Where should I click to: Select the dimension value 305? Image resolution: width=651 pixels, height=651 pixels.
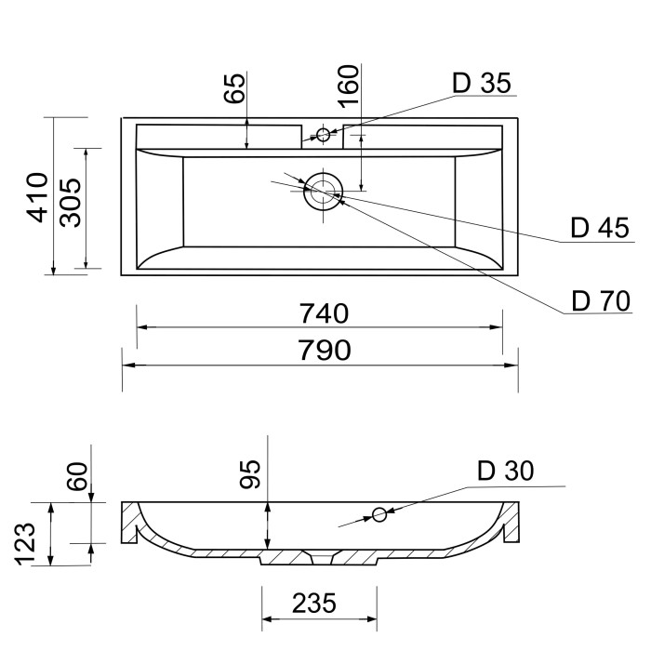click(70, 203)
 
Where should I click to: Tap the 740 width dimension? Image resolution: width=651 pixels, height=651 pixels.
click(324, 313)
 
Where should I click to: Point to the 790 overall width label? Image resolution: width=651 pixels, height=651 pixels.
click(325, 350)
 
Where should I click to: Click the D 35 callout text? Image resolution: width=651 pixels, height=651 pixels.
click(482, 83)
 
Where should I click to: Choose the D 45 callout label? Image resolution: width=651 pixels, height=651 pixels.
click(600, 228)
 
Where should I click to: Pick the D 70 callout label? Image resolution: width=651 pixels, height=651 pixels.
click(601, 301)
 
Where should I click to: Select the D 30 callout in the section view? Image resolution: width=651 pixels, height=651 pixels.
click(505, 472)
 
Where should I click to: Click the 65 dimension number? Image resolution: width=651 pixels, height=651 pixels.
click(234, 88)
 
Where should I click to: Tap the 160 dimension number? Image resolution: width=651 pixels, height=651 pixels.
click(348, 86)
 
